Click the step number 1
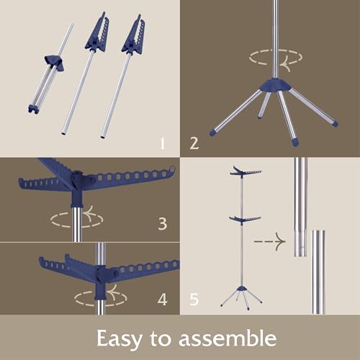click(x=163, y=143)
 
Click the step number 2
click(x=194, y=143)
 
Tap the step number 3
click(x=163, y=224)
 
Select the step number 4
click(x=163, y=300)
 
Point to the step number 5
click(x=194, y=300)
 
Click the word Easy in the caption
click(x=119, y=339)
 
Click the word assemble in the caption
click(x=228, y=338)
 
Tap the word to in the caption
click(x=161, y=338)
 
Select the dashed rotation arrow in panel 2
click(x=276, y=58)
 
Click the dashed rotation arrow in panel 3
click(x=77, y=220)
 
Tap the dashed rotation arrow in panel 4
click(x=101, y=298)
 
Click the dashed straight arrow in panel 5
click(x=270, y=241)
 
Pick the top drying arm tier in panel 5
click(x=246, y=171)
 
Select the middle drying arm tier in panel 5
click(x=245, y=219)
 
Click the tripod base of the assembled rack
click(x=241, y=296)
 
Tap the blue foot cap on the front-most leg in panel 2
click(x=296, y=141)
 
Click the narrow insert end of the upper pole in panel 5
click(x=300, y=243)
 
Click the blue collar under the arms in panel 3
click(x=77, y=201)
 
